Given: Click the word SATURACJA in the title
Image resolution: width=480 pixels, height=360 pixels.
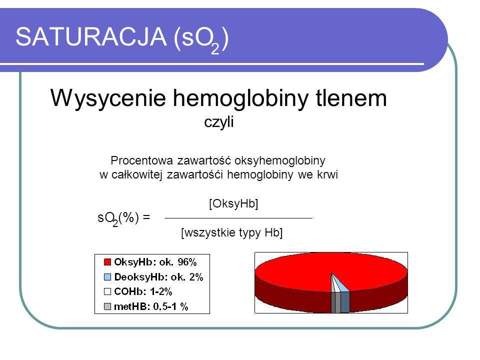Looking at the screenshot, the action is click(x=91, y=36).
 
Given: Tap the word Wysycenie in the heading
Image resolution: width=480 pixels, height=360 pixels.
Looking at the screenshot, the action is click(x=108, y=98).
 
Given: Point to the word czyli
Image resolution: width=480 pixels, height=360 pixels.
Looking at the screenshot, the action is click(x=219, y=122).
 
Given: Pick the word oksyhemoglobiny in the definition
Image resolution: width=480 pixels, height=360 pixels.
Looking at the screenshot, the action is click(x=279, y=160).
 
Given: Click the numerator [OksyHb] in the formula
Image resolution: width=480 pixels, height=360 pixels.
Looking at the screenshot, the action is click(x=233, y=203).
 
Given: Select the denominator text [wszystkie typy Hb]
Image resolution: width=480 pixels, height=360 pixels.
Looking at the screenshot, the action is click(x=231, y=232).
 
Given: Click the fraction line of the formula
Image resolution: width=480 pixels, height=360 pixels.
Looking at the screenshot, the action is click(x=238, y=218).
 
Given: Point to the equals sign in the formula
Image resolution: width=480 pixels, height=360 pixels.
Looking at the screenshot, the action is click(x=146, y=217).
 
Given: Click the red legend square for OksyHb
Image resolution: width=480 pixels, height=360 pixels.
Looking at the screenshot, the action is click(x=107, y=262).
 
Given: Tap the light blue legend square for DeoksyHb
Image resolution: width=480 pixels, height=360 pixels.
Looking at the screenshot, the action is click(x=107, y=277).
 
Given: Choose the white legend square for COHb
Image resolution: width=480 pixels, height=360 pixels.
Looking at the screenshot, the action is click(x=107, y=291).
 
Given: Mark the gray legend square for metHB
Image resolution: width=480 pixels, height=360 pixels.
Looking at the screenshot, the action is click(x=107, y=306).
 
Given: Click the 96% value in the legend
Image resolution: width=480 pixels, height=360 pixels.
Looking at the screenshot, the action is click(x=187, y=262).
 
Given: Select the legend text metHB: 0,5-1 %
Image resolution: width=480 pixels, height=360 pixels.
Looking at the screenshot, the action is click(x=151, y=306).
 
